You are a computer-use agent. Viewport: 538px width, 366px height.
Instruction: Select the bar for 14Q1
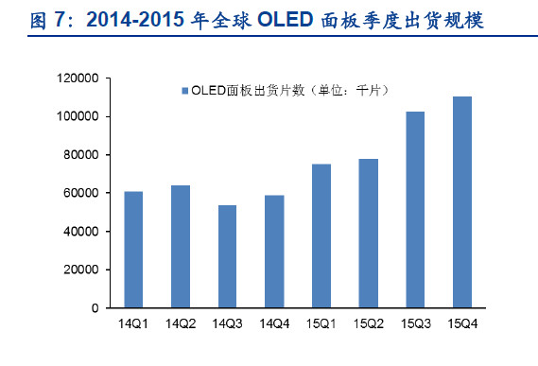point(133,250)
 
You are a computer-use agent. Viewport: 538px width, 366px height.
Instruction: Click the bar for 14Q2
point(181,247)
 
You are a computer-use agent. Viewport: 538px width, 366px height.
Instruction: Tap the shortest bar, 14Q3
point(227,256)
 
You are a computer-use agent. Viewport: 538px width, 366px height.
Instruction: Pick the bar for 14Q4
point(274,252)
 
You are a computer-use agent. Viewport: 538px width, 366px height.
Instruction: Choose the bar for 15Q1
point(321,235)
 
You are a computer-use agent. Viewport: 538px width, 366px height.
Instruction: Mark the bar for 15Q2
point(369,234)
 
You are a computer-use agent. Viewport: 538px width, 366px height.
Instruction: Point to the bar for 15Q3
point(415,209)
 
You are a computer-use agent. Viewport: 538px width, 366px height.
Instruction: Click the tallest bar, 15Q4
point(462,201)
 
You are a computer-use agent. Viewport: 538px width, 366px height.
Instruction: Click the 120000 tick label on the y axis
point(78,78)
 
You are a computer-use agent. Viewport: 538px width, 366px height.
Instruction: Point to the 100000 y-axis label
point(78,116)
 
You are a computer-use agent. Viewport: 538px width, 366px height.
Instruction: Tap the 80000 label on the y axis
point(81,155)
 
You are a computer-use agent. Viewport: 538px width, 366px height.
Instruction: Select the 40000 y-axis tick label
point(81,232)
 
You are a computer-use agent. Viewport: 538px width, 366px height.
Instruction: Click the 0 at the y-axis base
point(95,308)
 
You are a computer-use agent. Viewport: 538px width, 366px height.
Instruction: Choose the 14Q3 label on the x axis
point(227,323)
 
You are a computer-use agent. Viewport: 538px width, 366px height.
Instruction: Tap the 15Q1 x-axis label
point(321,323)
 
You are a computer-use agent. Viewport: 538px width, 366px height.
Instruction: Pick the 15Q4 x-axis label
point(462,323)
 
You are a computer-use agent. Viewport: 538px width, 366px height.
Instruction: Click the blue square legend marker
point(185,91)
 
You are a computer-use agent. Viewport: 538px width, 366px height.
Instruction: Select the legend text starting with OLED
point(290,90)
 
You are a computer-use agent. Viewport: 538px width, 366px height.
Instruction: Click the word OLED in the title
point(286,19)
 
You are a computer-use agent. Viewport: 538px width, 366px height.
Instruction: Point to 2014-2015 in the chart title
point(135,19)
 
